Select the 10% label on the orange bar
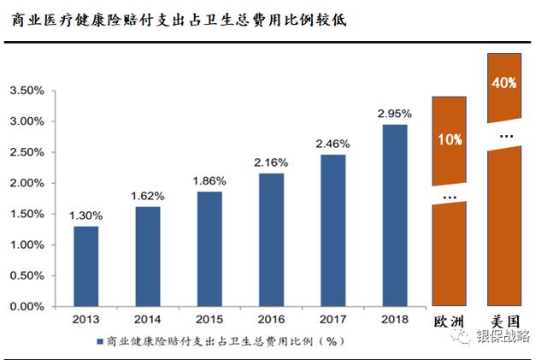(x=449, y=139)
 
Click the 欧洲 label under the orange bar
(x=450, y=321)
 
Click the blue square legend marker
(x=98, y=341)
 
